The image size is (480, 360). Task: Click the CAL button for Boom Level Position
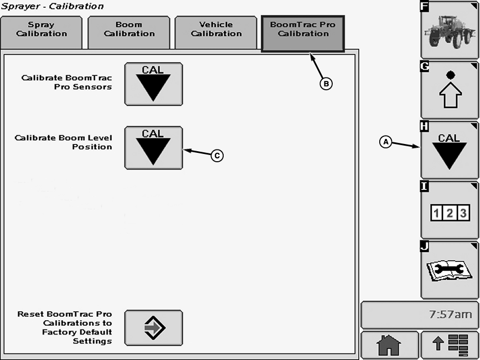[x=153, y=147]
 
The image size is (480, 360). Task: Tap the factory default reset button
[x=153, y=328]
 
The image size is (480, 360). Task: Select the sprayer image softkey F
[x=450, y=30]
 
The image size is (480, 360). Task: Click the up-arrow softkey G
[x=450, y=90]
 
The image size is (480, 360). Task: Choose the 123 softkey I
[x=450, y=210]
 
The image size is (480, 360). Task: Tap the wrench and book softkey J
[x=450, y=270]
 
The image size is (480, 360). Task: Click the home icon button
[x=389, y=345]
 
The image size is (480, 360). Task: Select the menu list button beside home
[x=450, y=345]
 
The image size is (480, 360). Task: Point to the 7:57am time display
[x=419, y=315]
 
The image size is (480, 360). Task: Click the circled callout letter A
[x=386, y=142]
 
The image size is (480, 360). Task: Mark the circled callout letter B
[x=326, y=84]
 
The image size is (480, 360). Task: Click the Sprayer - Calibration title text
[x=52, y=7]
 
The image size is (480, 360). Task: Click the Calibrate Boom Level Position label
[x=64, y=142]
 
